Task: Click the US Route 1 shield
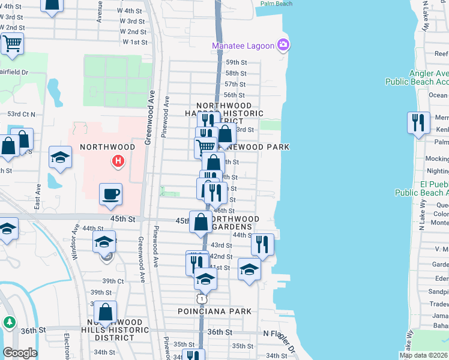click(x=202, y=298)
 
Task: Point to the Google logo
click(x=20, y=353)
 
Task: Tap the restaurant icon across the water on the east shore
click(x=417, y=123)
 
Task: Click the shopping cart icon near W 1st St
click(x=12, y=44)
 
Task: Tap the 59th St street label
click(x=236, y=62)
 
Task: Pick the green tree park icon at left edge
click(x=9, y=322)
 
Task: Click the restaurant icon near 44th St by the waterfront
click(x=262, y=244)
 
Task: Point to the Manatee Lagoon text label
click(x=243, y=46)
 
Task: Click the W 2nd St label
click(x=133, y=31)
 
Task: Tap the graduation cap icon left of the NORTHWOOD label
click(x=60, y=158)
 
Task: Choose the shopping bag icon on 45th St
click(x=200, y=223)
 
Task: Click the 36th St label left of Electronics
click(x=34, y=330)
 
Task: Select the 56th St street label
click(x=234, y=95)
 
